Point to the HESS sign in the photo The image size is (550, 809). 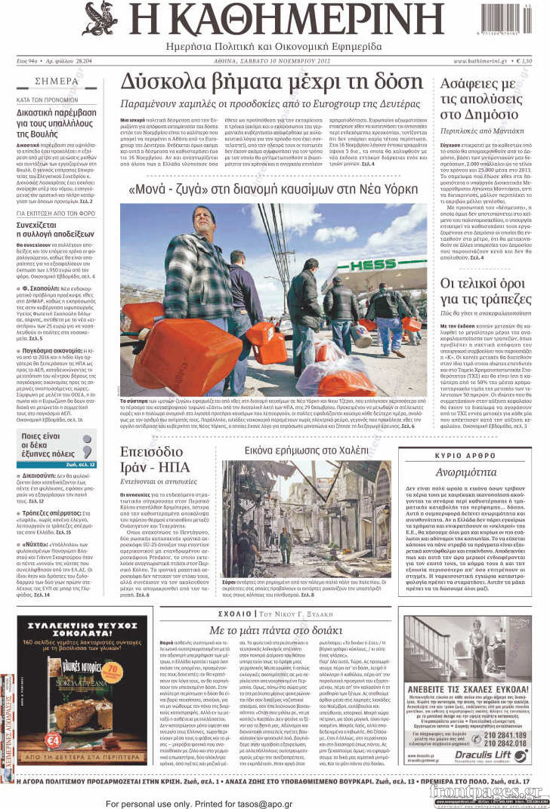click(372, 265)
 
